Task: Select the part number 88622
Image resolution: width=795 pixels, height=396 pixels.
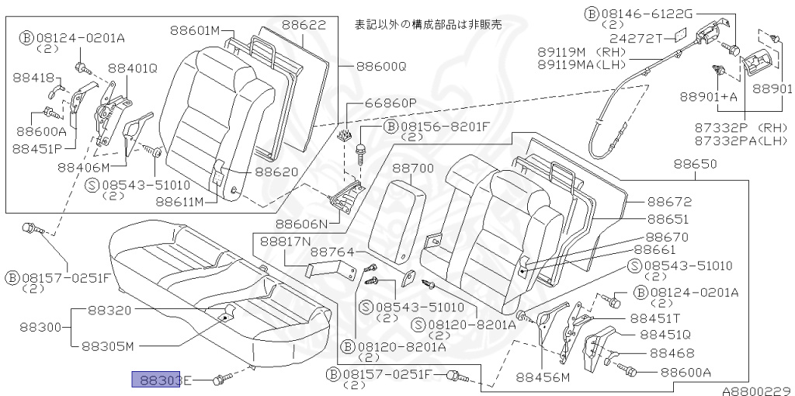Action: (304, 25)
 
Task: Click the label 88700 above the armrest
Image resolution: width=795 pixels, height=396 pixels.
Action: (412, 167)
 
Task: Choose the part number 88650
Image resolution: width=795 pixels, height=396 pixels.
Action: (695, 164)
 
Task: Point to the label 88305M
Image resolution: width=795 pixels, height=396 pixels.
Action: (109, 346)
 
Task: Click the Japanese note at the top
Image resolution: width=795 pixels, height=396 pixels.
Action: (428, 24)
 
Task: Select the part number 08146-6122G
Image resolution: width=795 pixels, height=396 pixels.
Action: (647, 13)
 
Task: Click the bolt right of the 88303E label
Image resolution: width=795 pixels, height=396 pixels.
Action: (223, 378)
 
